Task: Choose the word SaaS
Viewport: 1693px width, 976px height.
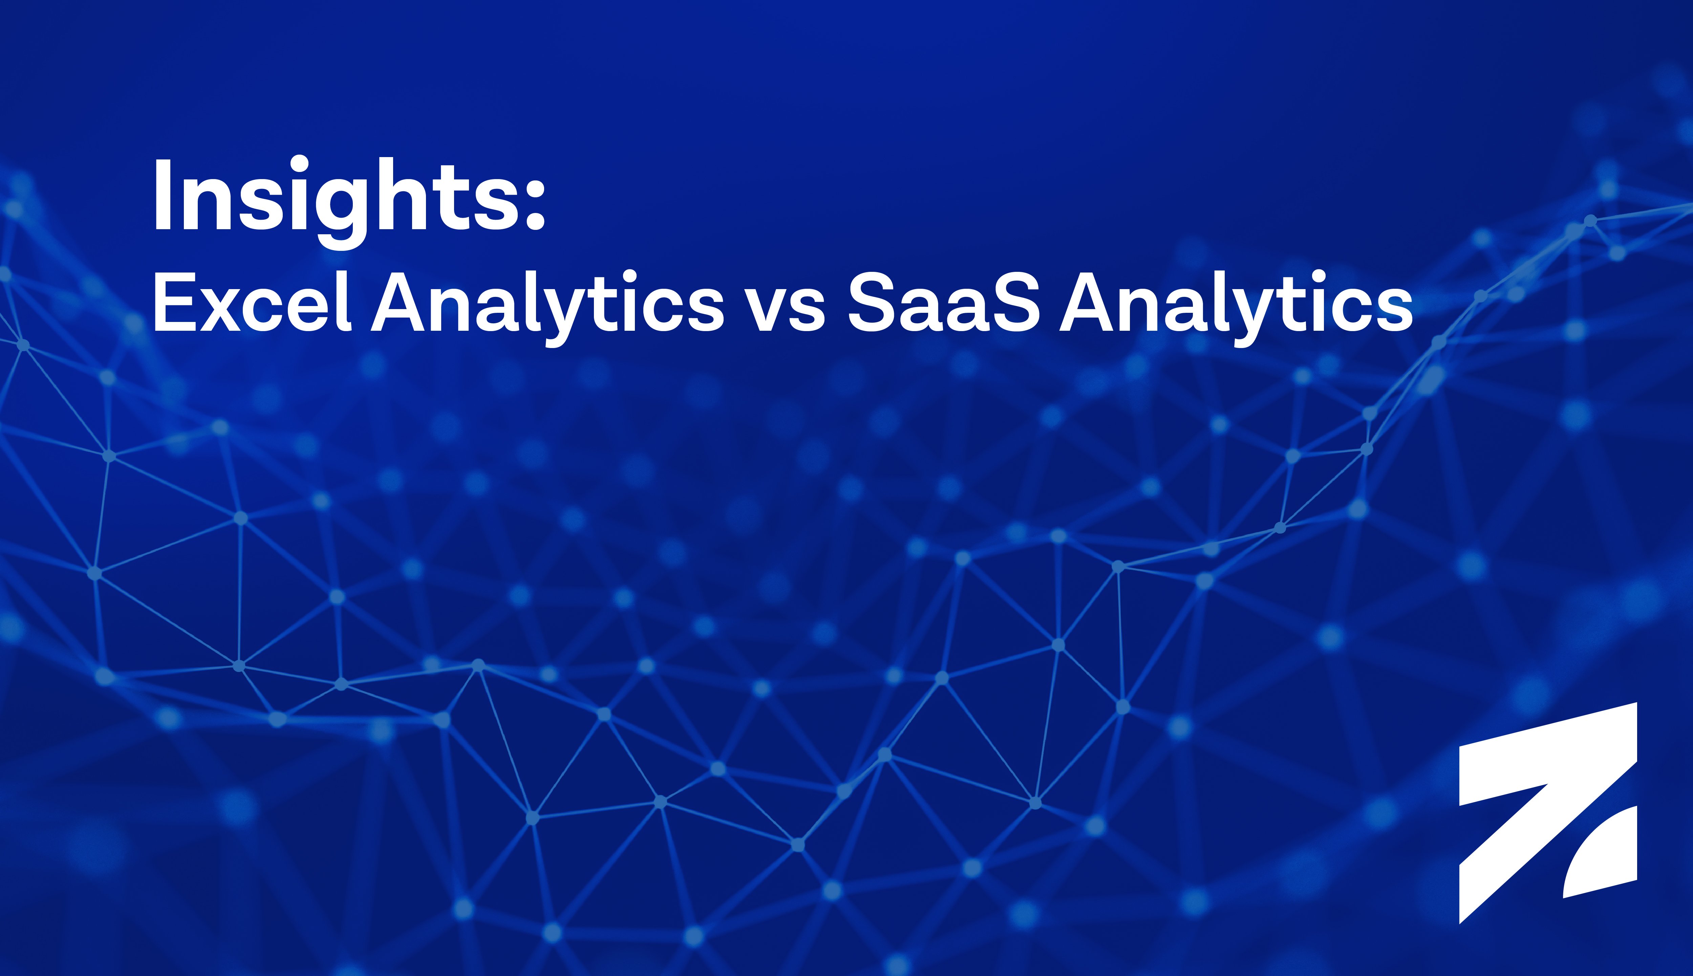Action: (x=944, y=302)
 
